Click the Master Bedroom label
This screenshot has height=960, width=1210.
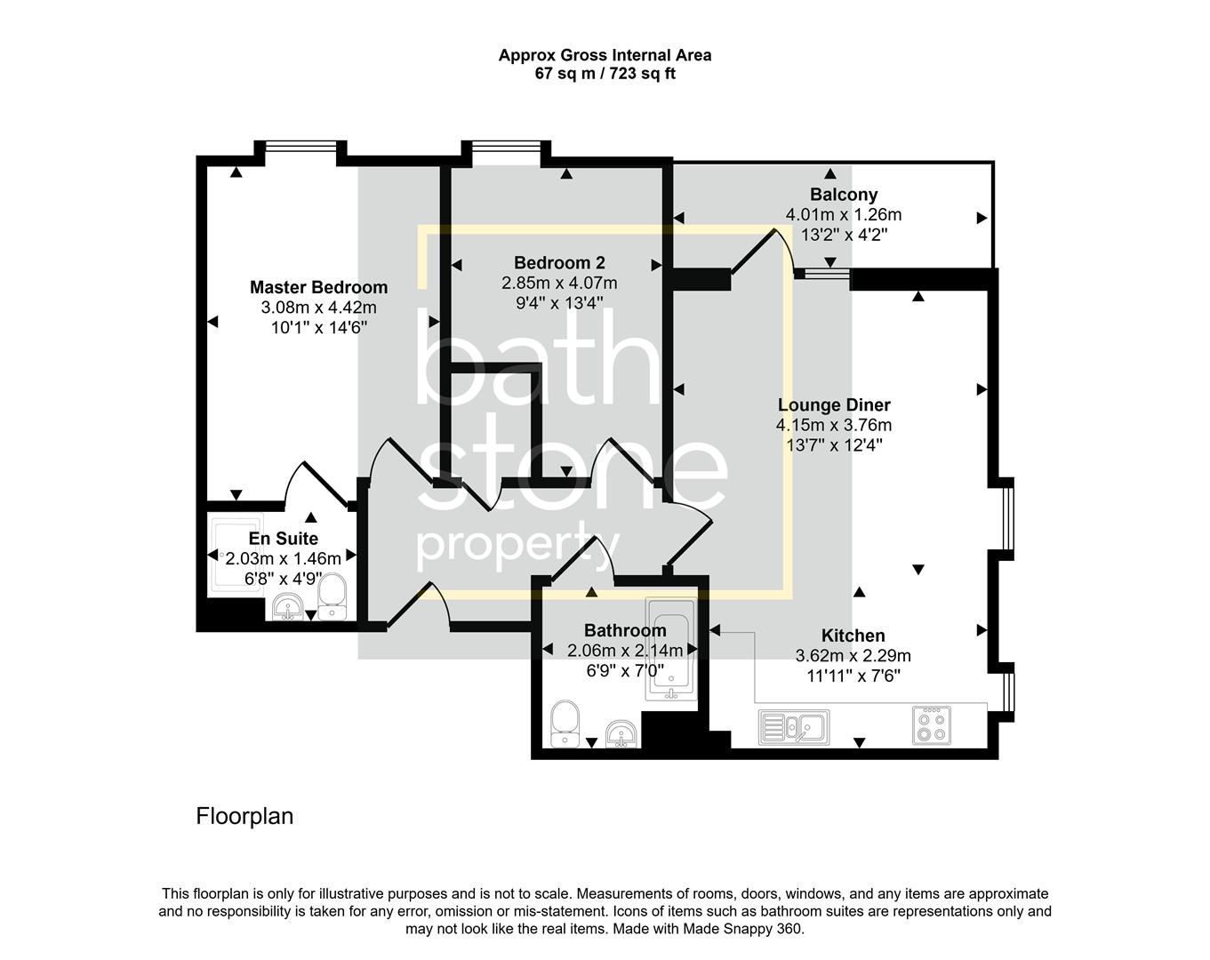tap(318, 287)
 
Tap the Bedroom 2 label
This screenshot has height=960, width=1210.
tap(559, 263)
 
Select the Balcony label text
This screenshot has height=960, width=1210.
tap(843, 195)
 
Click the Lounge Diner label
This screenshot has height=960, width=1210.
tap(833, 405)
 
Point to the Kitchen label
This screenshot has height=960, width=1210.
tap(853, 636)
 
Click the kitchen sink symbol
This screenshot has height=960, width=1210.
tap(793, 726)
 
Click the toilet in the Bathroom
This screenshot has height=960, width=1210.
tap(565, 724)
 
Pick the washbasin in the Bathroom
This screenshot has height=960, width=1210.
tap(620, 733)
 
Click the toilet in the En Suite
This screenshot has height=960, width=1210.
tap(332, 596)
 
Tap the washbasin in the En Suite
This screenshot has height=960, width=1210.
tap(287, 609)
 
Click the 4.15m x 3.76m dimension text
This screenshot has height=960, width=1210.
tap(833, 426)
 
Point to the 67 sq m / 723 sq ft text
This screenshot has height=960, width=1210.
tap(605, 74)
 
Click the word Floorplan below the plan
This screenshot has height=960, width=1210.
tap(244, 816)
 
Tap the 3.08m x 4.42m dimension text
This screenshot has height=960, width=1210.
tap(318, 308)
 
